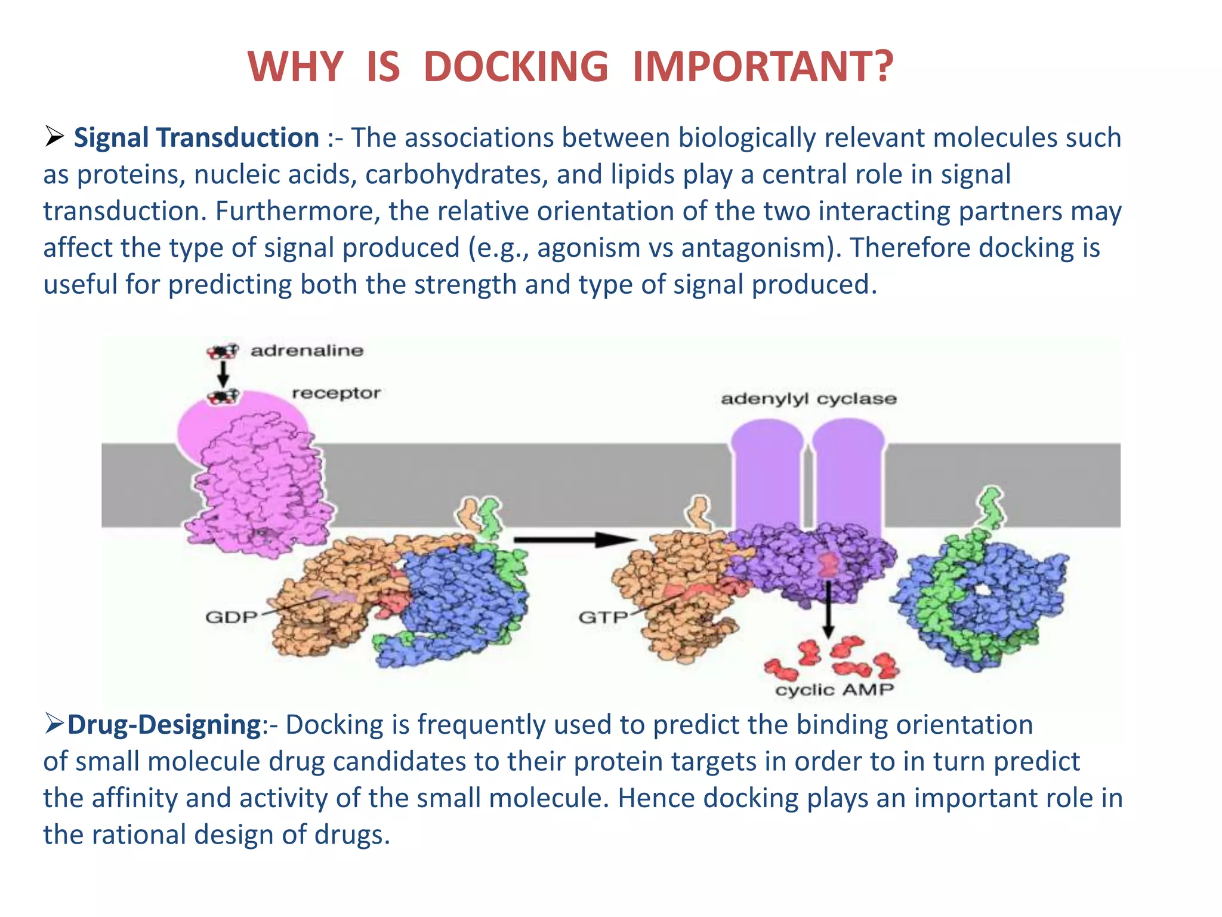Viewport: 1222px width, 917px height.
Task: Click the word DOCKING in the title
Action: (x=516, y=66)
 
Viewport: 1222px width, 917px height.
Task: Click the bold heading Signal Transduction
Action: (x=196, y=138)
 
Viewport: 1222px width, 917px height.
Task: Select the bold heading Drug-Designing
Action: (x=164, y=725)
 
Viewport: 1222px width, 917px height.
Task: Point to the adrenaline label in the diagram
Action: (x=307, y=350)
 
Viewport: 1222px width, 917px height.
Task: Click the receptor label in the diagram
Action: (x=336, y=393)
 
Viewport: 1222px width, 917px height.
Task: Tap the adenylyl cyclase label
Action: (x=809, y=399)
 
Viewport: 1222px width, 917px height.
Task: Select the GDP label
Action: (x=231, y=617)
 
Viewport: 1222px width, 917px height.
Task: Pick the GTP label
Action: (x=603, y=617)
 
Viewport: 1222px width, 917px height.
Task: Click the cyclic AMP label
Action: (x=834, y=690)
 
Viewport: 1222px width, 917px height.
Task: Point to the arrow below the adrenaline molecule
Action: (x=223, y=374)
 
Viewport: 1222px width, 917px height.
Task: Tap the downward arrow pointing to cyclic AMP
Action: (x=828, y=609)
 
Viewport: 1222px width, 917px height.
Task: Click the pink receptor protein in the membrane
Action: (x=257, y=478)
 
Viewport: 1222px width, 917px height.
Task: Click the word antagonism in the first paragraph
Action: (x=757, y=248)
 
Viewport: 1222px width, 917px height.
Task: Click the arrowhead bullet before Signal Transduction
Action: (x=54, y=137)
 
